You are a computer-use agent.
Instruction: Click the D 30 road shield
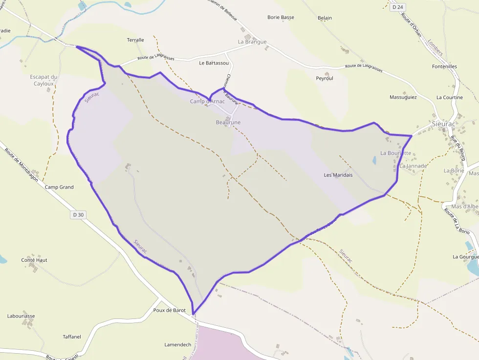78,214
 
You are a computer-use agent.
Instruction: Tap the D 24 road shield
397,7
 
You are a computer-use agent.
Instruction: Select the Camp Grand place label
59,187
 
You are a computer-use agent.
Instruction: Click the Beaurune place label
228,122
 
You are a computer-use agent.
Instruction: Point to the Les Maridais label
338,175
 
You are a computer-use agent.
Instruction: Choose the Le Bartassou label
214,63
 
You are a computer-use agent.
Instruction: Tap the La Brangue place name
252,42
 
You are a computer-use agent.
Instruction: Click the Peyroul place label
325,78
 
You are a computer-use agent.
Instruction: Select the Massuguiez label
403,97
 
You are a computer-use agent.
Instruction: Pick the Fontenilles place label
445,66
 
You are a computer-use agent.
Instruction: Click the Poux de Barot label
169,310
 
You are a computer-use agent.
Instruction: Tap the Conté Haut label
34,260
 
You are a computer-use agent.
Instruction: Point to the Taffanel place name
72,337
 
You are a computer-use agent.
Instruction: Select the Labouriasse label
21,316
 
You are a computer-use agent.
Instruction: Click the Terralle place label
135,40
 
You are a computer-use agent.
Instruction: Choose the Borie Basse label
281,18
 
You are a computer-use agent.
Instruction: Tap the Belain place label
325,18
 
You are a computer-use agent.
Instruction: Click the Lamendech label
178,344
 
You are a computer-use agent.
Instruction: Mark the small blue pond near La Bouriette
374,160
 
